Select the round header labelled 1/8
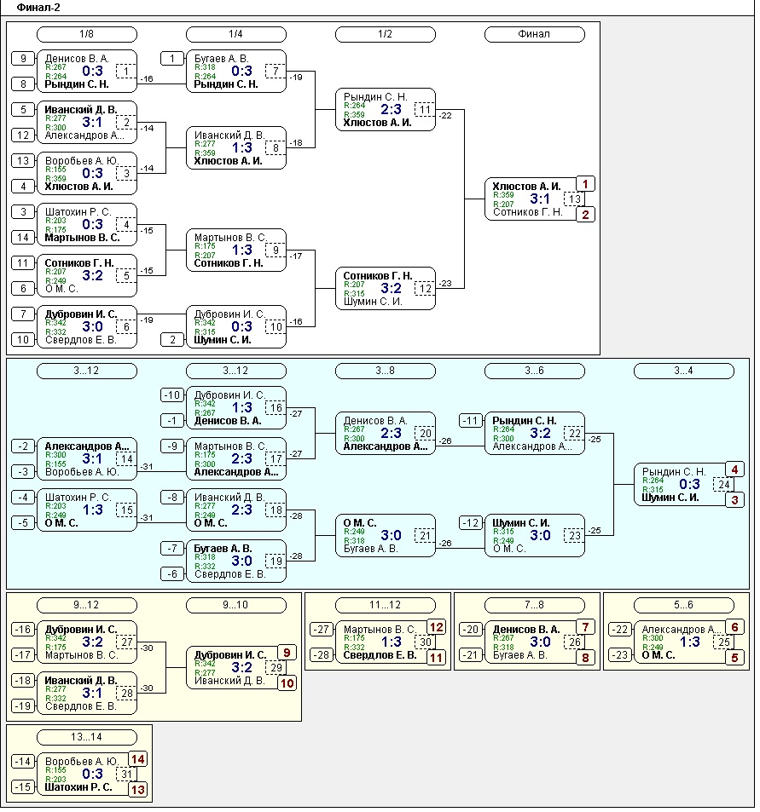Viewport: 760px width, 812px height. click(86, 34)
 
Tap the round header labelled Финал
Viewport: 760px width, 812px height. click(534, 34)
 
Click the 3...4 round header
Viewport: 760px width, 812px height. click(683, 371)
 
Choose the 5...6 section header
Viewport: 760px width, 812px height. click(683, 605)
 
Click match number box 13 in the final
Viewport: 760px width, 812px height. click(576, 199)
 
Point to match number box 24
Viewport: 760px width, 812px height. click(724, 485)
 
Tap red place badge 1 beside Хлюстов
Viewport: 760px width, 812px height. click(585, 184)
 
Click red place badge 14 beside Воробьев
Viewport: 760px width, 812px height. click(137, 758)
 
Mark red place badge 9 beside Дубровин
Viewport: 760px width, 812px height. click(287, 653)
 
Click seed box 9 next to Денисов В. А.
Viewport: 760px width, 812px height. click(23, 58)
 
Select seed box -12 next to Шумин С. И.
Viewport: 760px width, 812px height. click(471, 523)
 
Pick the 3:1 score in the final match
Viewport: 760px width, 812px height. click(539, 199)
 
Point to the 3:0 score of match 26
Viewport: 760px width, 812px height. click(539, 642)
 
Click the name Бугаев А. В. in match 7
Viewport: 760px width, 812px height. click(220, 58)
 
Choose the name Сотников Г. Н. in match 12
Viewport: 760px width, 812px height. click(378, 276)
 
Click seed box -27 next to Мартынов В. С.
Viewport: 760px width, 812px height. click(322, 629)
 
